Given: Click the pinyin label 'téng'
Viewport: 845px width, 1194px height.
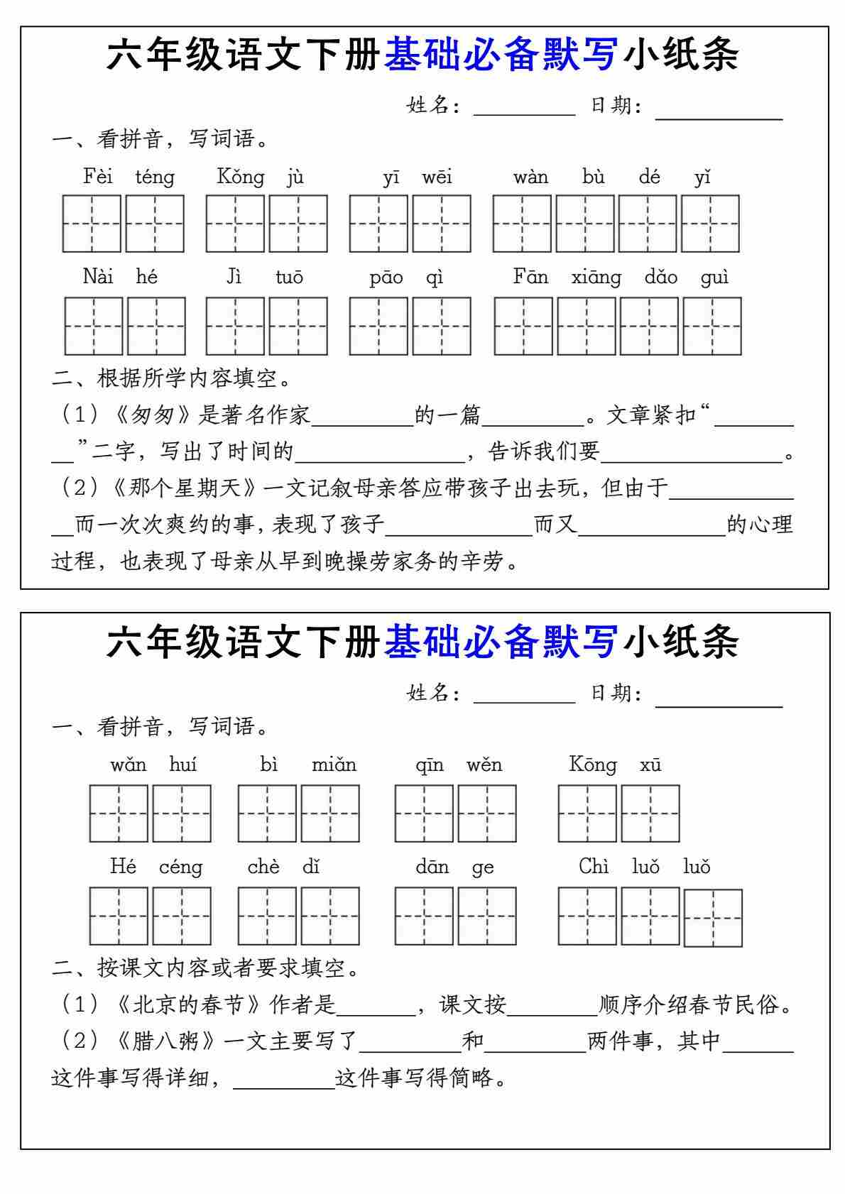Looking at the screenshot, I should point(155,177).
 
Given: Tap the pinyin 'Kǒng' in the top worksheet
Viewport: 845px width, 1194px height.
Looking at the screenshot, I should point(241,177).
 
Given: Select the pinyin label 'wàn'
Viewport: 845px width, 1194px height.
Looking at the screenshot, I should point(530,177).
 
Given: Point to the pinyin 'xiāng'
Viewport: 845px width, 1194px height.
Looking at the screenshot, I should point(596,278).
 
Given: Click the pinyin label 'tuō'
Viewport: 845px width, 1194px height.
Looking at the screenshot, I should point(289,278).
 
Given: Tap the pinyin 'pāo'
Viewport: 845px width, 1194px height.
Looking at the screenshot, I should point(386,278).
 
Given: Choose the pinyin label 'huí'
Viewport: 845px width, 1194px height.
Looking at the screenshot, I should point(182,765).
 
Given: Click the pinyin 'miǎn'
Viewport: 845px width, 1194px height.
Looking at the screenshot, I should point(334,765).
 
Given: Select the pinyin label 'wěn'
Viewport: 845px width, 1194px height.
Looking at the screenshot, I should point(484,765).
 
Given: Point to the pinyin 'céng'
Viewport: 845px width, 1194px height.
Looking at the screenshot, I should point(181,867).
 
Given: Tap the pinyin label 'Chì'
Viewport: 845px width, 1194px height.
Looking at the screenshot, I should point(594,867).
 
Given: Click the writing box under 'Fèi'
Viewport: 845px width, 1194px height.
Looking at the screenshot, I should point(92,224).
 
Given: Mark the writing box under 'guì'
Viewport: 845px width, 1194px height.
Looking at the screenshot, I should point(712,326).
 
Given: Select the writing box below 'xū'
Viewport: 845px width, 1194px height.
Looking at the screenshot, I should point(650,814).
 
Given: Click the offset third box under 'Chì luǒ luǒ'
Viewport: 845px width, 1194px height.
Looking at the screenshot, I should point(713,918).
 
